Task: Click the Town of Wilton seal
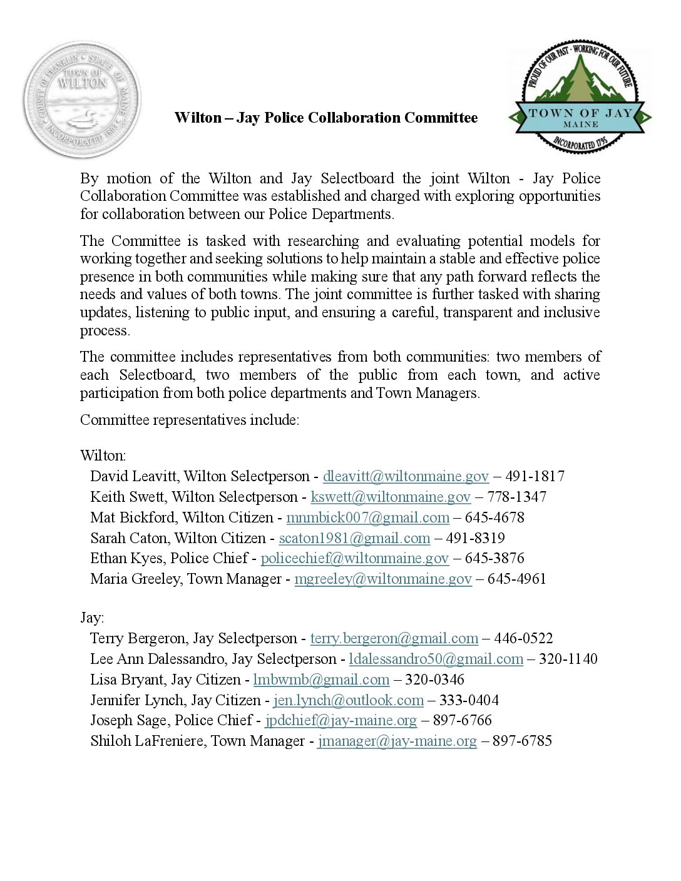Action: click(x=82, y=99)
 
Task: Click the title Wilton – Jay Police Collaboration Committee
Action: click(x=326, y=118)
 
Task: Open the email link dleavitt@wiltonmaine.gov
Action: click(x=406, y=476)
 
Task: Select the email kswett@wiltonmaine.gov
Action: click(x=391, y=497)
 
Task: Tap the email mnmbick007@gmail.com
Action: click(x=367, y=517)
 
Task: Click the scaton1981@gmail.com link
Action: click(x=354, y=538)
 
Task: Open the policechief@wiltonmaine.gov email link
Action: click(x=355, y=558)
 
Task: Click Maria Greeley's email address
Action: click(x=383, y=579)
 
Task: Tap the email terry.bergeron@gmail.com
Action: click(x=394, y=638)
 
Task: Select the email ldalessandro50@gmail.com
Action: click(x=436, y=659)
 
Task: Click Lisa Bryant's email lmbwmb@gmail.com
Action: click(x=321, y=680)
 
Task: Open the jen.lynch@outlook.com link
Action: click(x=349, y=700)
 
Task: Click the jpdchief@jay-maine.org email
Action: click(x=340, y=720)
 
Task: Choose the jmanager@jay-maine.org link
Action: click(x=397, y=741)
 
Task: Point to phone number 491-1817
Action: click(x=535, y=476)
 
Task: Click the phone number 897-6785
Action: click(x=522, y=741)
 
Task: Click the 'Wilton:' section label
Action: click(x=103, y=456)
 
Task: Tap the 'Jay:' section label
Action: click(x=92, y=618)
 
